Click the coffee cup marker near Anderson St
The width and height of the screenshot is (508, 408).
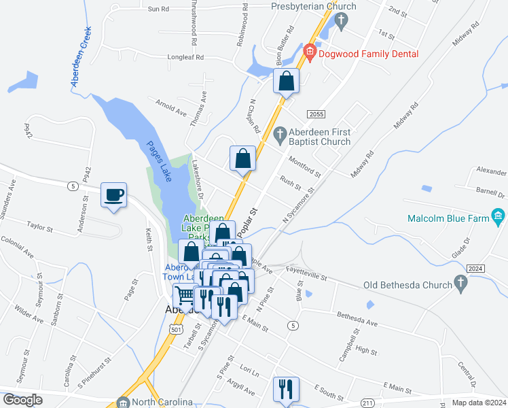click(x=113, y=195)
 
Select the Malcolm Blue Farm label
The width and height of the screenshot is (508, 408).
click(x=449, y=219)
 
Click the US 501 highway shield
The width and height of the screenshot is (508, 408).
click(x=177, y=329)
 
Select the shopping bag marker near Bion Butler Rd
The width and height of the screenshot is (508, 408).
click(x=287, y=81)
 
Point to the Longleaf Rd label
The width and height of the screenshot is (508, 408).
click(x=186, y=58)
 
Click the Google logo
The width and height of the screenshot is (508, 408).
click(x=22, y=400)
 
